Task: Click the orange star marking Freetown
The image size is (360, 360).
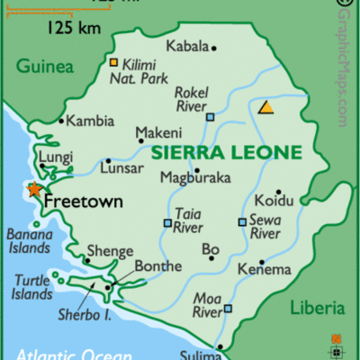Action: click(x=34, y=189)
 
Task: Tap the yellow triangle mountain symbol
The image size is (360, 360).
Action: click(x=266, y=107)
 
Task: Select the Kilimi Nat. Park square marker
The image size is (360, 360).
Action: click(x=113, y=62)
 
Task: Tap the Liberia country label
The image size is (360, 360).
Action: click(x=317, y=309)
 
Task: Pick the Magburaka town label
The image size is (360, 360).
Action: click(x=195, y=177)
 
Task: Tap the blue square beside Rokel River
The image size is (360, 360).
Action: click(x=210, y=117)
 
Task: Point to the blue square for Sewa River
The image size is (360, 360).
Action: click(x=242, y=221)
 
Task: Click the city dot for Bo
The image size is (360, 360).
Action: click(x=211, y=258)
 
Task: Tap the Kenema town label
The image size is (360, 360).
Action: click(x=265, y=269)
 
